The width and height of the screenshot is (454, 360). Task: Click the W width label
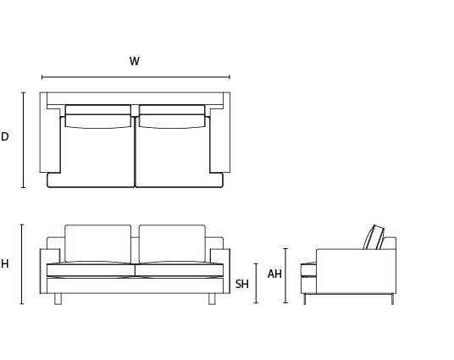coord(135,61)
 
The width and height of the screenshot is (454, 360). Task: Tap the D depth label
coord(4,136)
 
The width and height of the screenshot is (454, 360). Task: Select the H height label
coord(4,263)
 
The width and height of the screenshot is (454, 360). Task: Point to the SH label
coord(241,284)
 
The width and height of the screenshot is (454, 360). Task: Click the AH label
coord(274,274)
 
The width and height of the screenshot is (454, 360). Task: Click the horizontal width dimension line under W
coord(136,77)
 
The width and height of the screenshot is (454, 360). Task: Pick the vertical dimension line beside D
coord(24,140)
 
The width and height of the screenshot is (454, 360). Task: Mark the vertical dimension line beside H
coord(22,264)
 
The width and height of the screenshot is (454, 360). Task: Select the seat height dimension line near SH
coord(256,283)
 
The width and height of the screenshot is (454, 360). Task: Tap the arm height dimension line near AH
coord(285,276)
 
